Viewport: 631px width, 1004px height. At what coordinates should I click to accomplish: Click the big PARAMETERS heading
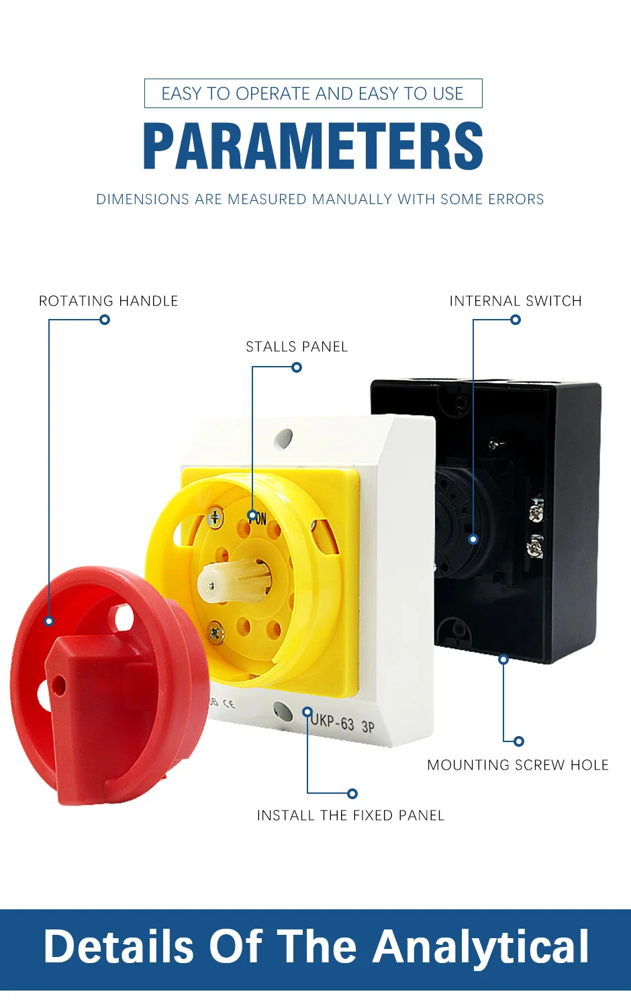[313, 146]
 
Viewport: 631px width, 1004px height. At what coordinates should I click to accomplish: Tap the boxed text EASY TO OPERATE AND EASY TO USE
[313, 93]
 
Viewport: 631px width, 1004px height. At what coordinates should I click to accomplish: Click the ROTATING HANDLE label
[108, 301]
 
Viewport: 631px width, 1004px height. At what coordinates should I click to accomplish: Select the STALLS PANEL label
[297, 347]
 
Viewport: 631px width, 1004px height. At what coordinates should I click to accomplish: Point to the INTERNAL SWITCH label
[515, 301]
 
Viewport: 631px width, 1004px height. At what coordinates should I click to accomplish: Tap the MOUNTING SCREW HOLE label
[518, 765]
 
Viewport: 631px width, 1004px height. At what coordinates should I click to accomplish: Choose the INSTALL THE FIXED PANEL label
[350, 815]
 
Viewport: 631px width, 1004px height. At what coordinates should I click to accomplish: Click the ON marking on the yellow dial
[258, 518]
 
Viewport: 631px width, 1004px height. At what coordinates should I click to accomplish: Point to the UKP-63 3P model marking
[342, 724]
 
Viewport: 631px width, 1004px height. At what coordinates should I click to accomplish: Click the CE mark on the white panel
[229, 704]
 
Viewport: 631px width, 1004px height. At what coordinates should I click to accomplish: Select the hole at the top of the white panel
[283, 439]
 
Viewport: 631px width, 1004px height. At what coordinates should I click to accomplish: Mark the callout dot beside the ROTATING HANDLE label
[105, 320]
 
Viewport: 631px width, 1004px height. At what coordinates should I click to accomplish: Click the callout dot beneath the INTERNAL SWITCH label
[516, 320]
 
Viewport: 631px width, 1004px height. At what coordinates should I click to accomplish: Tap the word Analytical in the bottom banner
[481, 947]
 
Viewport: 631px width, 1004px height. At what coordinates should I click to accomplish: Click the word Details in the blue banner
[119, 947]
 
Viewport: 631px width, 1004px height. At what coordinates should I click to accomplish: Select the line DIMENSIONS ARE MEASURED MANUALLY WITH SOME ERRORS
[320, 199]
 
